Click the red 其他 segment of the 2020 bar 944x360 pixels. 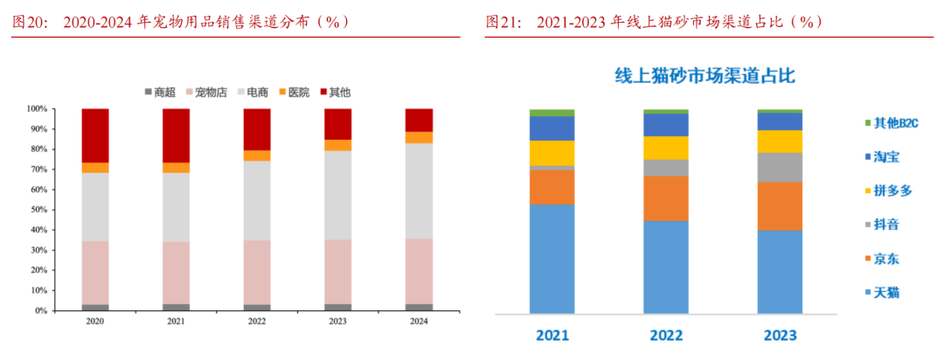[95, 135]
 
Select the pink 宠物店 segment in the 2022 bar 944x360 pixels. [257, 273]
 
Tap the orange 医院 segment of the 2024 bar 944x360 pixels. [419, 137]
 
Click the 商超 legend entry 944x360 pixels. [159, 92]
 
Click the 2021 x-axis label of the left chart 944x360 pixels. [176, 322]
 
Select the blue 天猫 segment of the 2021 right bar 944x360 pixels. [552, 259]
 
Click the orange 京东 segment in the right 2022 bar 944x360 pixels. [665, 198]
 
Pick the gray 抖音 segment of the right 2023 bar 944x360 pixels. [780, 167]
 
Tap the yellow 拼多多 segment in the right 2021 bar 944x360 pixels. [552, 153]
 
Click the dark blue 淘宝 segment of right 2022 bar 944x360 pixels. [665, 125]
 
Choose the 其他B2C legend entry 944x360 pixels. [891, 123]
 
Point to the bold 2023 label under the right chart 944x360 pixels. [780, 336]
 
